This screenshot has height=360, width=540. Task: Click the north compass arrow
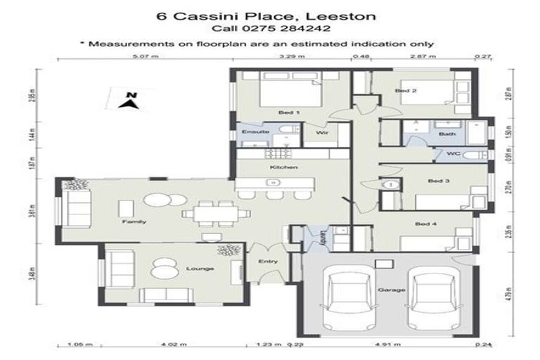[x=128, y=101]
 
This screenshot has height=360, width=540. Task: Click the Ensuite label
[x=252, y=131]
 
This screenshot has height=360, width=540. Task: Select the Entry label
[x=268, y=262]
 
